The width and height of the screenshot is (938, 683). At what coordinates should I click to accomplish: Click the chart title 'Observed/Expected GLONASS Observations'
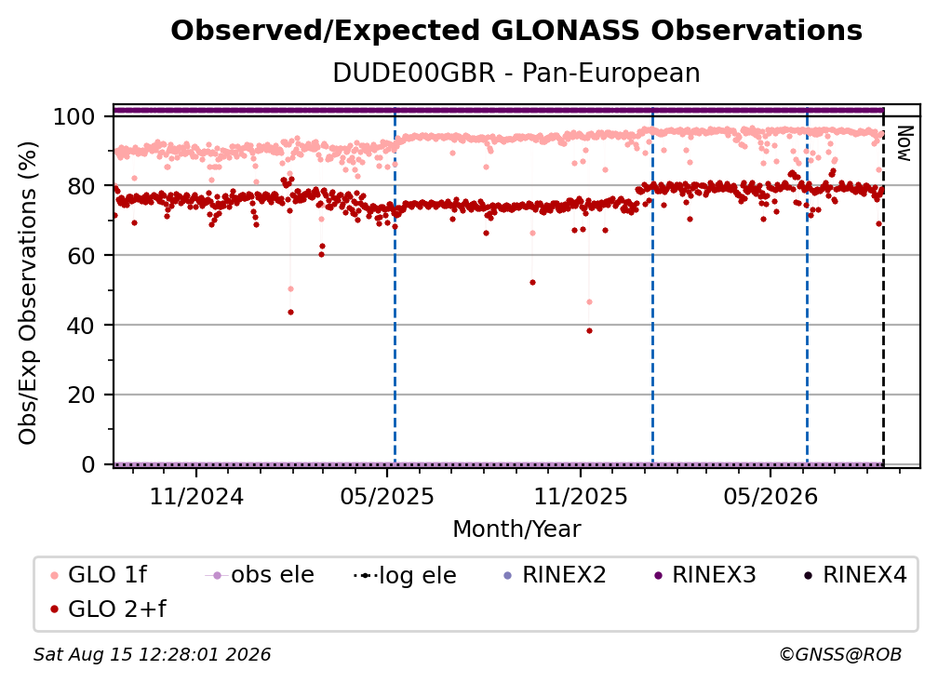[516, 31]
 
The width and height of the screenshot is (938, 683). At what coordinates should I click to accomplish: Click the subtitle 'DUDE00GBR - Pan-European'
[516, 73]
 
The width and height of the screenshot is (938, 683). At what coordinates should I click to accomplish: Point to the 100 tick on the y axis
[74, 116]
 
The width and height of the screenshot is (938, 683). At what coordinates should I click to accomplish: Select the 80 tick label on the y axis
[81, 186]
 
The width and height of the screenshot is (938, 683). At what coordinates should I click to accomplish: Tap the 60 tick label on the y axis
[81, 256]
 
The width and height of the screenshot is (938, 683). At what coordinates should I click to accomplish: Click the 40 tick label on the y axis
[81, 326]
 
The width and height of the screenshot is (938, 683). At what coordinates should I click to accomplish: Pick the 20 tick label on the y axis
[81, 395]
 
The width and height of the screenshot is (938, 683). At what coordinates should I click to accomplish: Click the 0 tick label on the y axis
[88, 464]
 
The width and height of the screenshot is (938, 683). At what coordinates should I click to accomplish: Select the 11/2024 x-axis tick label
[196, 496]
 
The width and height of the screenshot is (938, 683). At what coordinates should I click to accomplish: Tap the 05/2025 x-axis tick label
[387, 496]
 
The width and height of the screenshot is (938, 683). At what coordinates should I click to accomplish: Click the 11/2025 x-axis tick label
[581, 496]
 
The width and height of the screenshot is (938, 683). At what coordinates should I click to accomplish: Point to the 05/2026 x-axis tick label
[770, 496]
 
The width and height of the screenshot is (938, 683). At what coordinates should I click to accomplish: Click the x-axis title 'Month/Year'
[516, 529]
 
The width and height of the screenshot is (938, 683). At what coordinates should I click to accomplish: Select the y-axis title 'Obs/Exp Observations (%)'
[28, 292]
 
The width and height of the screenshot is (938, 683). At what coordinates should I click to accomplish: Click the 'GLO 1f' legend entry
[100, 575]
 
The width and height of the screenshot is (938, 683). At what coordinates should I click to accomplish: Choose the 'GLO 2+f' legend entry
[108, 609]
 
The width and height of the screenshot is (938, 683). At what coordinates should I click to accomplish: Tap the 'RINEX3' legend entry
[705, 575]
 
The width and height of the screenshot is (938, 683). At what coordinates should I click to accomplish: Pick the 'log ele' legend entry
[405, 575]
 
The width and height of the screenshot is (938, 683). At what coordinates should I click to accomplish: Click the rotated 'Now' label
[904, 143]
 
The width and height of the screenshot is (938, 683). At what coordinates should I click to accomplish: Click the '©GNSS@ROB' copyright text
[840, 654]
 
